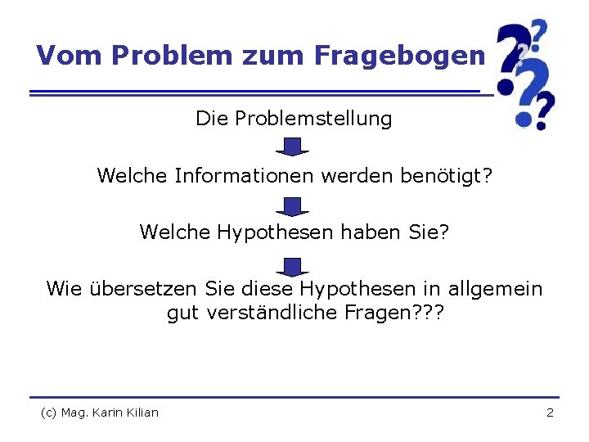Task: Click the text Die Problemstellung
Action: point(294,119)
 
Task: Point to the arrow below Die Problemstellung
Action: point(292,147)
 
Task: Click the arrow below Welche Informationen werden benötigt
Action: point(292,206)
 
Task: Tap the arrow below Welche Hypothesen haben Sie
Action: point(292,267)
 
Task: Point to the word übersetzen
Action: point(143,288)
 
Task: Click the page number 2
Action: point(550,413)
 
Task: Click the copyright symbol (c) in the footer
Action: point(49,413)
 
